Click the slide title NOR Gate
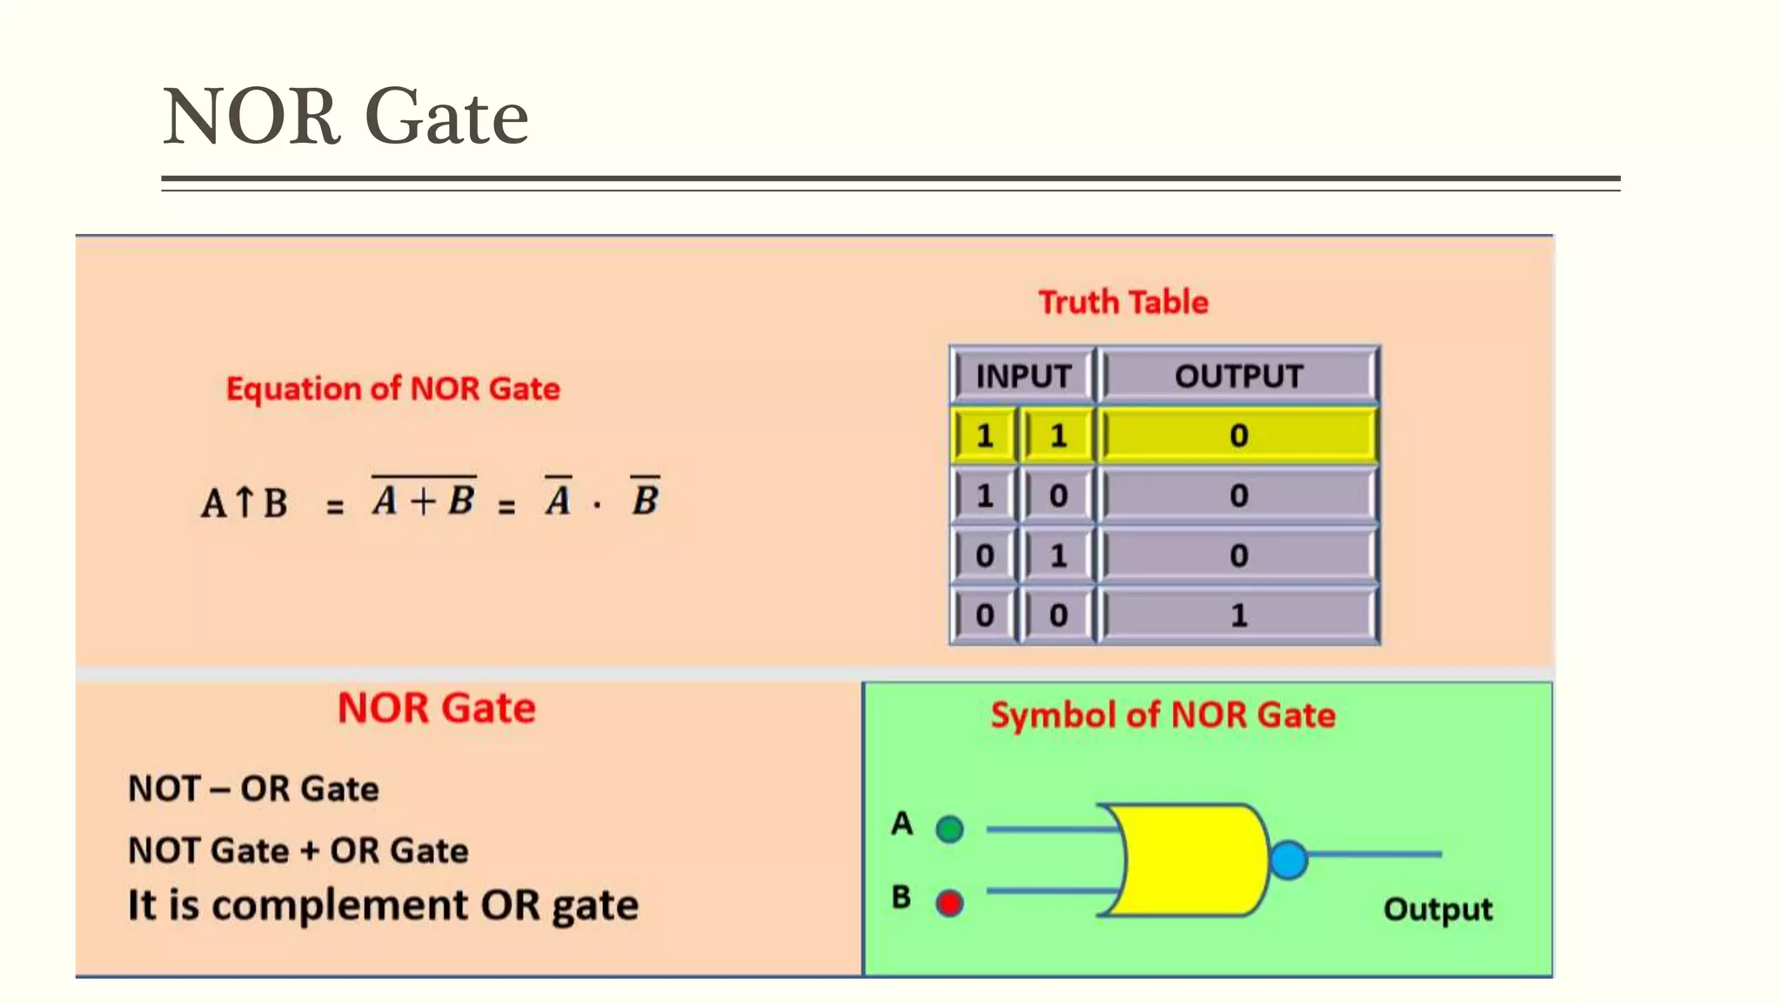(345, 117)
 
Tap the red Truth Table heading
(1123, 302)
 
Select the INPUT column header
(1023, 376)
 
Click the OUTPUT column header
(1238, 376)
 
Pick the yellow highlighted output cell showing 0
(1238, 435)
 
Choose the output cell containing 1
(1238, 616)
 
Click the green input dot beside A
(949, 829)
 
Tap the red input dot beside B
(949, 903)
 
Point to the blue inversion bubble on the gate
(1289, 859)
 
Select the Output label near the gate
(1437, 910)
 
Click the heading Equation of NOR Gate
(392, 388)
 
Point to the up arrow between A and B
(245, 501)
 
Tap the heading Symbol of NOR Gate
(1162, 715)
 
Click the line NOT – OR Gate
(253, 789)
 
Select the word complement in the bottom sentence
(340, 905)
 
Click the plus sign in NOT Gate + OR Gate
(310, 851)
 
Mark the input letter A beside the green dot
(902, 824)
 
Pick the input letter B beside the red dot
(901, 897)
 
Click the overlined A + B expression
(424, 499)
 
